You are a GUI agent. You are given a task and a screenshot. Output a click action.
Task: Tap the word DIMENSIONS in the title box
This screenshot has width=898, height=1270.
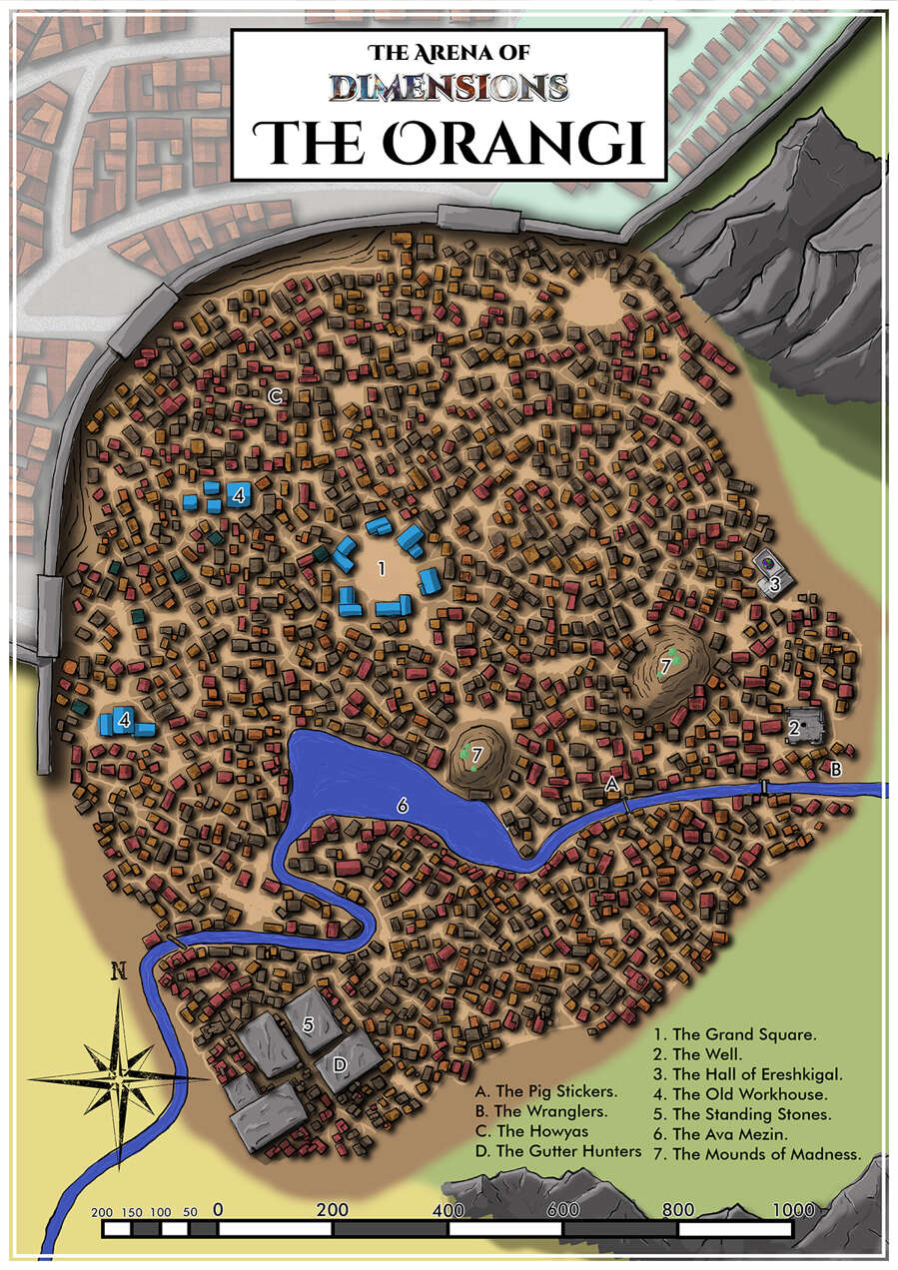click(x=449, y=87)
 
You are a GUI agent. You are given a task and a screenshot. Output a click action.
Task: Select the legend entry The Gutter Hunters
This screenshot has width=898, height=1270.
click(x=558, y=1151)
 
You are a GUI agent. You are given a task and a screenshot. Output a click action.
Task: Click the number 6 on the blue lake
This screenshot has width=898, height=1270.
click(x=403, y=806)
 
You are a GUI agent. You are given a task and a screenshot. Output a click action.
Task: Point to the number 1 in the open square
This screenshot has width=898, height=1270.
click(x=381, y=567)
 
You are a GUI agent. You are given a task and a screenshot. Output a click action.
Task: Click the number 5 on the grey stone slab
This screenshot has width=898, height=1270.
click(x=309, y=1024)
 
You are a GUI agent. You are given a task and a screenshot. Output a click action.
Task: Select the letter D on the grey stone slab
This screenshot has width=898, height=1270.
click(x=340, y=1065)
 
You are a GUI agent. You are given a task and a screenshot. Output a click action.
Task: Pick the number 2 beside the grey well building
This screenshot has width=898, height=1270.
click(x=794, y=729)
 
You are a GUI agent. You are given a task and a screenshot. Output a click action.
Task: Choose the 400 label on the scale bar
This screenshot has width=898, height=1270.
click(x=449, y=1210)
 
